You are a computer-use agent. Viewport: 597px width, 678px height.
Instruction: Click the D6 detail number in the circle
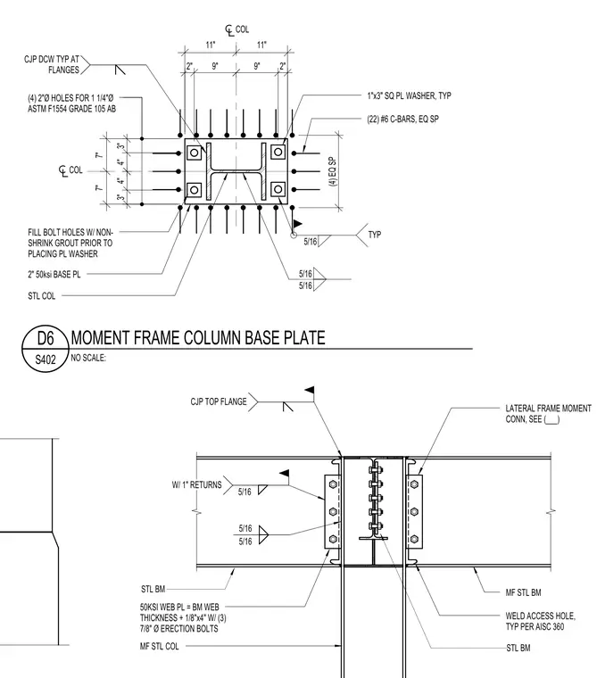pyautogui.click(x=46, y=338)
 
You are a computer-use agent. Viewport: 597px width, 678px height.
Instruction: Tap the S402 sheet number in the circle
pyautogui.click(x=46, y=360)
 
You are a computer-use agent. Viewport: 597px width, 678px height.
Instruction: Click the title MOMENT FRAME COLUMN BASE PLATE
pyautogui.click(x=198, y=338)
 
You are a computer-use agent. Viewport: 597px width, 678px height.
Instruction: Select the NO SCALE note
pyautogui.click(x=88, y=358)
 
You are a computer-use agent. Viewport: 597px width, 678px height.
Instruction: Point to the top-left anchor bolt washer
pyautogui.click(x=195, y=153)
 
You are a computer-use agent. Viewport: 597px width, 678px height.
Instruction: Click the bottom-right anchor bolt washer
pyautogui.click(x=278, y=189)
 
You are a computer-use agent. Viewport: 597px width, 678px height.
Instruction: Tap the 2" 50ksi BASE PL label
pyautogui.click(x=54, y=274)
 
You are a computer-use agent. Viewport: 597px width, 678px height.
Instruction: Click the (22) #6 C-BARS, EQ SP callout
pyautogui.click(x=402, y=119)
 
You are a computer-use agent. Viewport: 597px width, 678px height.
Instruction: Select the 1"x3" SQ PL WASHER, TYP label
pyautogui.click(x=410, y=95)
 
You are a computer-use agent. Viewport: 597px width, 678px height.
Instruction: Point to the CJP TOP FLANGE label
pyautogui.click(x=219, y=401)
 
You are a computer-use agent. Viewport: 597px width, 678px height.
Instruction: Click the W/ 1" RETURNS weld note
pyautogui.click(x=197, y=484)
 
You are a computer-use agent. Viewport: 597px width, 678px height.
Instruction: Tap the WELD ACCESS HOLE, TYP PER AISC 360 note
pyautogui.click(x=540, y=621)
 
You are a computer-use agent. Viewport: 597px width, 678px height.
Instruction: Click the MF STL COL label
pyautogui.click(x=159, y=647)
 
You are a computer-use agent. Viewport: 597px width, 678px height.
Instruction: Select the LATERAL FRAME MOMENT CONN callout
pyautogui.click(x=548, y=414)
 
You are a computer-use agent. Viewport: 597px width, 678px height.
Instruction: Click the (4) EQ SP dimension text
pyautogui.click(x=333, y=171)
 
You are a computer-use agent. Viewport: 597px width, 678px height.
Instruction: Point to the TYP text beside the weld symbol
pyautogui.click(x=375, y=235)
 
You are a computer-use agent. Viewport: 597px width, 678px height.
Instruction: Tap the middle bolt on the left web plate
pyautogui.click(x=333, y=511)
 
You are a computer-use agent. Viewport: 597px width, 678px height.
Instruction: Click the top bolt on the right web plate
pyautogui.click(x=414, y=484)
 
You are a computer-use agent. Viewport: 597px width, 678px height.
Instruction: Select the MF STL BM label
pyautogui.click(x=523, y=592)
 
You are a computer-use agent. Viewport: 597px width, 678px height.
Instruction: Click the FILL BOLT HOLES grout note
pyautogui.click(x=70, y=243)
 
